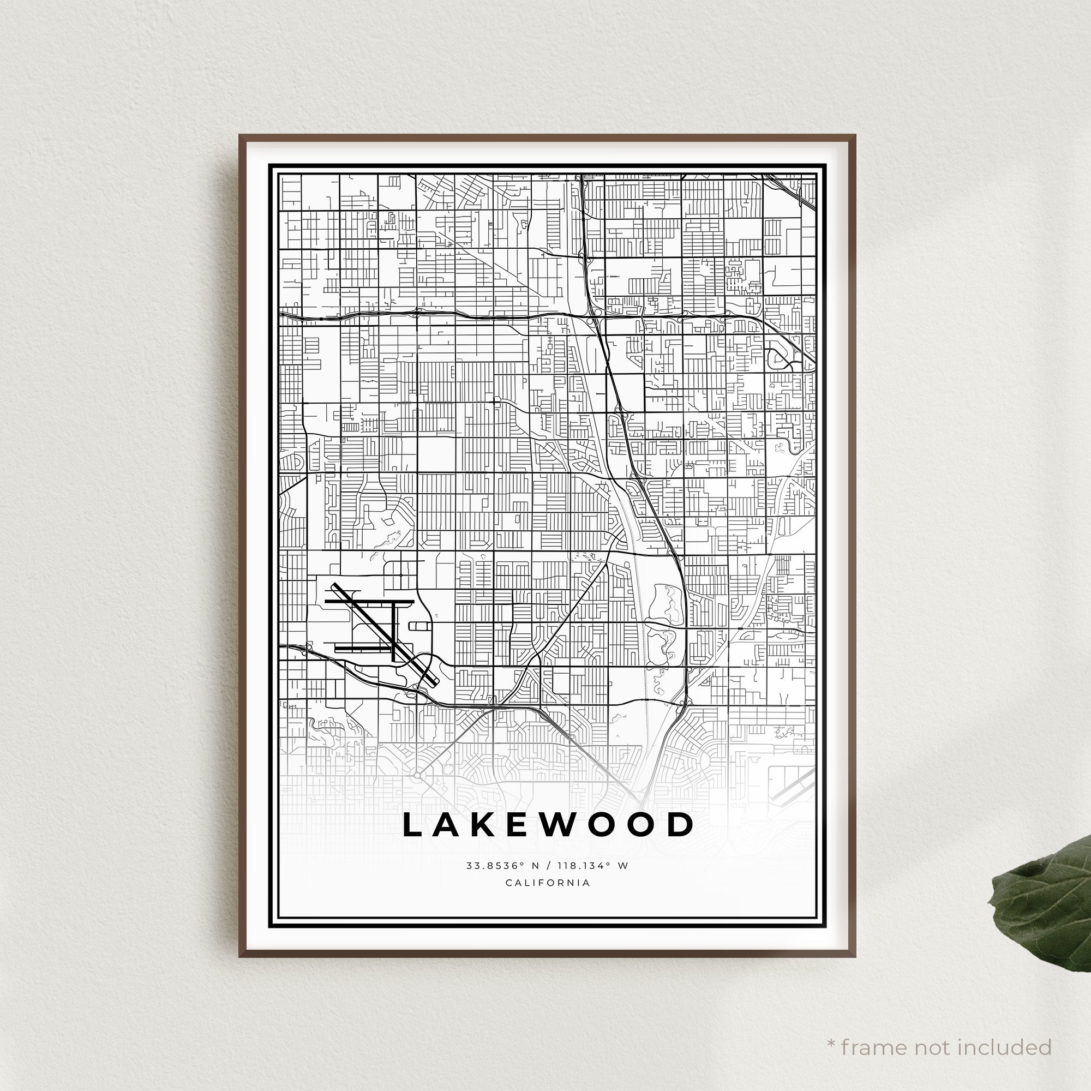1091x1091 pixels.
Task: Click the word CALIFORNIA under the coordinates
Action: tap(548, 883)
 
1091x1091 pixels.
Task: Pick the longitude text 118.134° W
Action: tap(592, 866)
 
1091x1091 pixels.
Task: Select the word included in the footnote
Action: tap(1006, 1032)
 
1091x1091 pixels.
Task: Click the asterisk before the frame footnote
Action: tap(831, 1028)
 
